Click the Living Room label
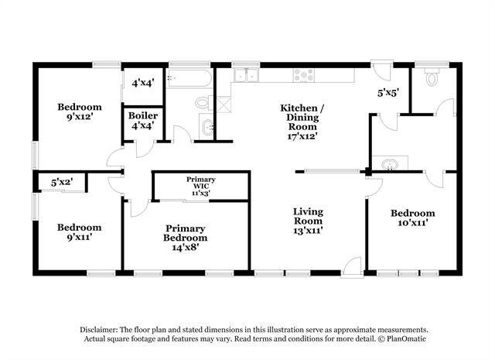(x=307, y=220)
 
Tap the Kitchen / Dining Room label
(x=302, y=121)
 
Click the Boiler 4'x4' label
(x=143, y=121)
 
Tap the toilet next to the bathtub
(x=203, y=101)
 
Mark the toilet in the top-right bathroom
(x=432, y=78)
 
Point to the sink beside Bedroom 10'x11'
(x=391, y=163)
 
